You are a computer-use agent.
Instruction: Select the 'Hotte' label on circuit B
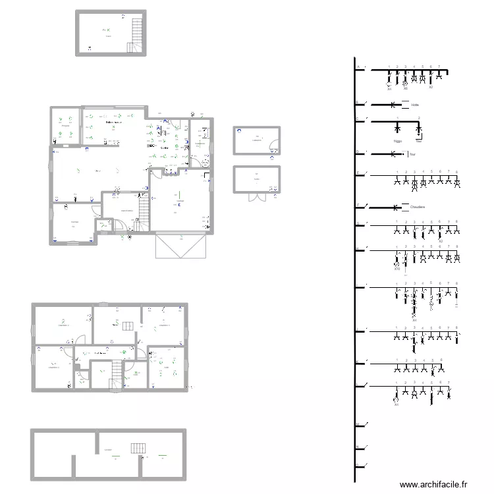tap(415, 105)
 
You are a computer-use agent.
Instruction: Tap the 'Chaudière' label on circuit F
tap(417, 207)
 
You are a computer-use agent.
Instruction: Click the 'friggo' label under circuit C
tap(397, 140)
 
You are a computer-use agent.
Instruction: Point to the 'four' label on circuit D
tap(412, 155)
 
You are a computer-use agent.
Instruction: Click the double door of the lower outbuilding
tap(256, 196)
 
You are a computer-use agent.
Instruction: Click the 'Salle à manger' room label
tap(115, 123)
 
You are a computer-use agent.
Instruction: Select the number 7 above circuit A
tap(439, 66)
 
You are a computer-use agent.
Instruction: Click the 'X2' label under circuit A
tap(431, 87)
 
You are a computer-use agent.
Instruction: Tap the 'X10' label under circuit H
tap(397, 269)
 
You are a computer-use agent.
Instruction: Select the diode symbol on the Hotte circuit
tap(394, 105)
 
